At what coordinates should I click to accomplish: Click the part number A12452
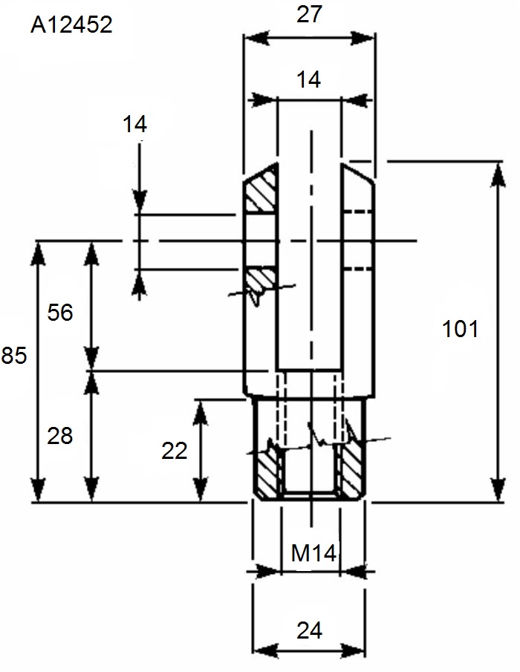71,25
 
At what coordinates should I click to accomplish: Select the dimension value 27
309,14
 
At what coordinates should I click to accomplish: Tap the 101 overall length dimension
460,329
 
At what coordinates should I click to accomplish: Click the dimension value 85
13,355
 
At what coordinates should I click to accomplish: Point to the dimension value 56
60,312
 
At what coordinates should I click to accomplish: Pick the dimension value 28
60,436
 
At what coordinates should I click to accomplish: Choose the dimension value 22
175,451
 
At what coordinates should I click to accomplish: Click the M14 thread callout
313,553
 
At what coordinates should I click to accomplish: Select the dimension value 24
309,630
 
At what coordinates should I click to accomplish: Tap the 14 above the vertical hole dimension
134,124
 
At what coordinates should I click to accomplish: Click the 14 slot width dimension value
308,79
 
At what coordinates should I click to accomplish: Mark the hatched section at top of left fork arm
260,189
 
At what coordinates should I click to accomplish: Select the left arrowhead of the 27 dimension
257,38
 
